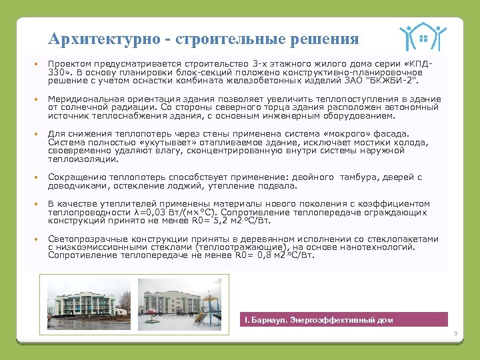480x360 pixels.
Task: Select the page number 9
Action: point(455,333)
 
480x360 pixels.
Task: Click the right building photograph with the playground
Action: point(179,297)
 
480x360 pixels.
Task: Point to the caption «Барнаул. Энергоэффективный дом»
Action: point(321,320)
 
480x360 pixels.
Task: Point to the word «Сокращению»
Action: point(75,177)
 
